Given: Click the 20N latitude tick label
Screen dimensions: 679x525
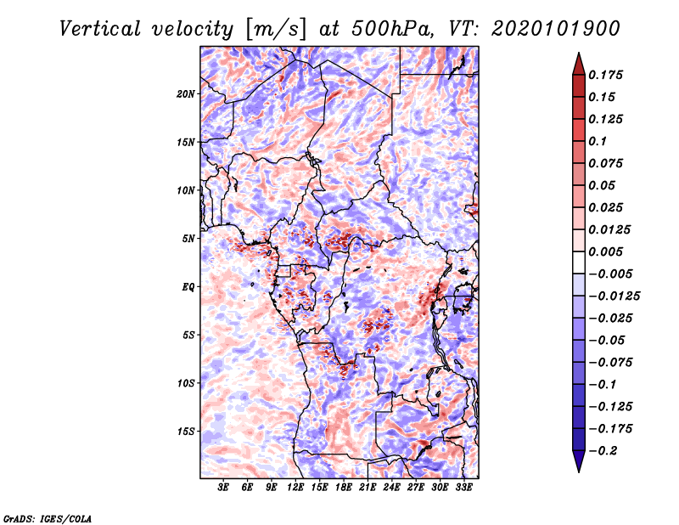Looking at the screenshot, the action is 186,93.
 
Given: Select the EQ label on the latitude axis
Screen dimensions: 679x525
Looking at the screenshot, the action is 188,286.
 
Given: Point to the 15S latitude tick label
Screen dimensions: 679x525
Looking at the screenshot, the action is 186,432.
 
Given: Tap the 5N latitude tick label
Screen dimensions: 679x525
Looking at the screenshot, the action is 188,239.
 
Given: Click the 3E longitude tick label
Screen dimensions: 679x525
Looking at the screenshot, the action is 222,488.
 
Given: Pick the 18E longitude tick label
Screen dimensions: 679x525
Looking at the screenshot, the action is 343,488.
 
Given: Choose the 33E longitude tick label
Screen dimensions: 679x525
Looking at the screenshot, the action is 463,488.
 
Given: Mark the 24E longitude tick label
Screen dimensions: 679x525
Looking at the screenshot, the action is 391,488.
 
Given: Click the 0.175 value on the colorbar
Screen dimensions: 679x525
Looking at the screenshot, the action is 605,75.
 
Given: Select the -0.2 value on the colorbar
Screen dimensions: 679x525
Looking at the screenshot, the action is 603,451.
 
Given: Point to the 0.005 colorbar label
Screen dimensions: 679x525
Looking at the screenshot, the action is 605,251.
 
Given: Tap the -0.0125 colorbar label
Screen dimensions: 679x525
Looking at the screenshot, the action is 614,296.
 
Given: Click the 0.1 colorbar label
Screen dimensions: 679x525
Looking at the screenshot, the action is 598,141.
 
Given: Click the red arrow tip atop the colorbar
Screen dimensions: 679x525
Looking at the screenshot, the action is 579,53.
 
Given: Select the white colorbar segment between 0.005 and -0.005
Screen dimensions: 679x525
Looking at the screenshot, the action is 579,262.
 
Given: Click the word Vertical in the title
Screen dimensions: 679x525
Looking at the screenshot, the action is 100,29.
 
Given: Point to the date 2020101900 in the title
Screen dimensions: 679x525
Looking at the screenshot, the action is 556,29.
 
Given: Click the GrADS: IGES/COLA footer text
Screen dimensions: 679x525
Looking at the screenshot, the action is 48,519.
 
